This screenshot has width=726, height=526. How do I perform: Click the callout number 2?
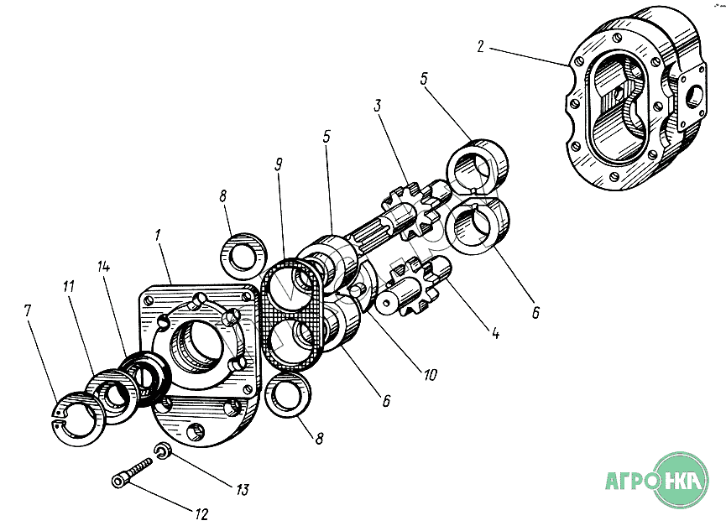[480, 46]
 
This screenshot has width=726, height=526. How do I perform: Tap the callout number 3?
[379, 107]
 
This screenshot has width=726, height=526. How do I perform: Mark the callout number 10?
[429, 375]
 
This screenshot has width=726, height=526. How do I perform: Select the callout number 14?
[104, 267]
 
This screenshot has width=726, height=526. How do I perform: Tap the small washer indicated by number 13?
[163, 453]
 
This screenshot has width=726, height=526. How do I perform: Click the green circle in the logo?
[682, 480]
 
